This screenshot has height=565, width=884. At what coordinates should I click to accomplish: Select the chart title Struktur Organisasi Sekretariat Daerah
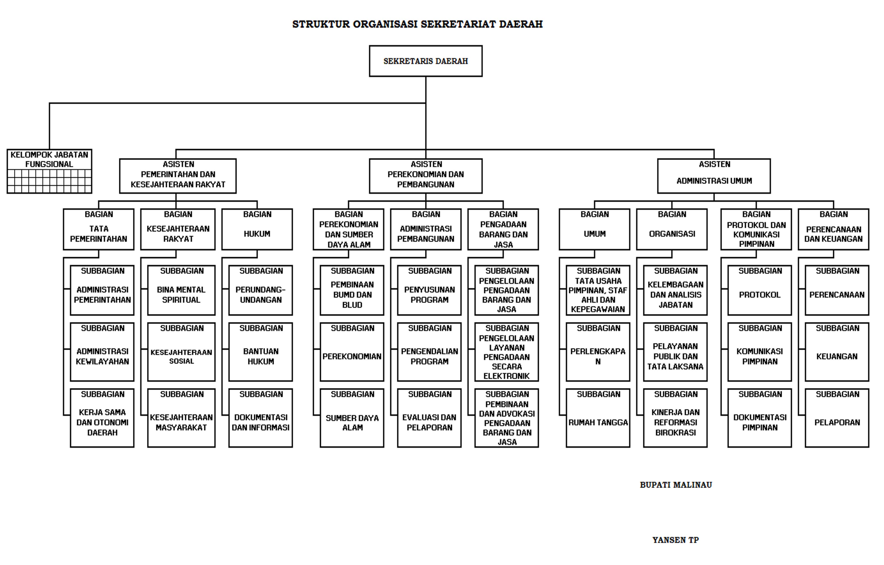[x=417, y=24]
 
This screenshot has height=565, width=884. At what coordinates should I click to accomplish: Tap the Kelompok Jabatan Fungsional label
[x=49, y=159]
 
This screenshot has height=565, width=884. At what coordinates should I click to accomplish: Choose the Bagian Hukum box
[x=257, y=229]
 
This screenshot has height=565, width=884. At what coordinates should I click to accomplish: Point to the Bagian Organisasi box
[x=672, y=229]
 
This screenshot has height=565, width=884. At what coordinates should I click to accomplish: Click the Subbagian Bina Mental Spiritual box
[x=181, y=290]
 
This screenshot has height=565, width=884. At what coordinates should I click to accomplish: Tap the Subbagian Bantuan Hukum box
[x=261, y=352]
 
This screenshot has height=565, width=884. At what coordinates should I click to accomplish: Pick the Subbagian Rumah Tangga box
[x=598, y=418]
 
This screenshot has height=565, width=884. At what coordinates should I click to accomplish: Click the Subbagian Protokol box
[x=760, y=290]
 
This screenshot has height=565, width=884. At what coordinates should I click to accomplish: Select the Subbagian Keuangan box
[x=837, y=352]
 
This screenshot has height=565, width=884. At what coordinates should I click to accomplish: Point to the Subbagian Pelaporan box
[x=837, y=418]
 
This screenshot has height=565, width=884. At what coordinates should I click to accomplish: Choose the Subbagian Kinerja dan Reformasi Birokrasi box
[x=675, y=418]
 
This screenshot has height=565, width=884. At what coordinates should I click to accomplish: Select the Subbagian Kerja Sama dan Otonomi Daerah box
[x=102, y=418]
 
